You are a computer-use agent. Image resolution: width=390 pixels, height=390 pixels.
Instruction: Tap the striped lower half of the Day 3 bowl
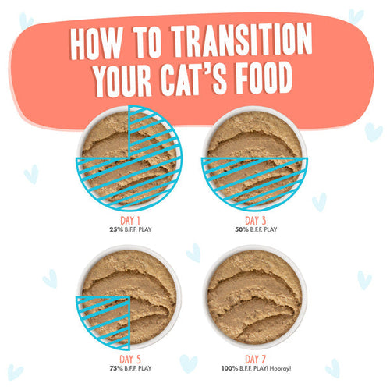pyautogui.click(x=254, y=183)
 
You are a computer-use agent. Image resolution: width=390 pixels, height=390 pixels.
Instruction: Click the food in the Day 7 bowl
pyautogui.click(x=254, y=297)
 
